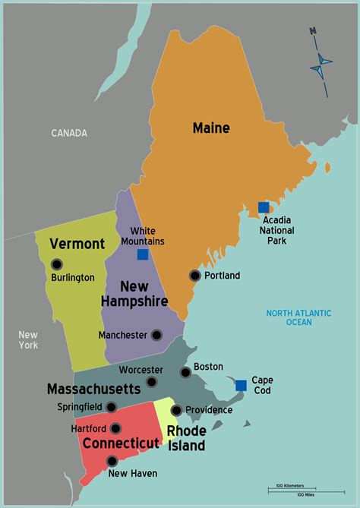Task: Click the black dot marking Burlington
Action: coord(56,264)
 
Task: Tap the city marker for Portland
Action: coord(195,276)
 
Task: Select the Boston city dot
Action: coord(185,372)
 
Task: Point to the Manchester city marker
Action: coord(156,335)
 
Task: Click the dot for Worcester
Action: coord(152,382)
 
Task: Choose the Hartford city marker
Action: coord(115,428)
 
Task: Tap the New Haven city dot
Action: coord(112,461)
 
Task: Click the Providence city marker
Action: coord(176,410)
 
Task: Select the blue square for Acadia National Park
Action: coord(264,207)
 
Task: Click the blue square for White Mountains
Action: coord(143,254)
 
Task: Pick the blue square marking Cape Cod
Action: coord(241,385)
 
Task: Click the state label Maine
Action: coord(211,128)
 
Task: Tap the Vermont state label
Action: coord(77,244)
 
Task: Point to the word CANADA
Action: coord(69,133)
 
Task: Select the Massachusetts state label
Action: coord(93,389)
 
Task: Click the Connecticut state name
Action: coord(121,443)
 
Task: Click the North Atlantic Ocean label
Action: coord(289,317)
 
